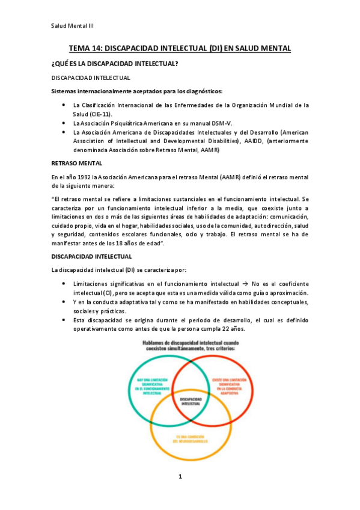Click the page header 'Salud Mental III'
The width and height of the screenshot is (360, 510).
point(72,26)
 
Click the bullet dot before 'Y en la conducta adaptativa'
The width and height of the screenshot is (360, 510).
point(64,302)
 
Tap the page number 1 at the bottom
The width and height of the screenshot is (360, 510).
point(180,477)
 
